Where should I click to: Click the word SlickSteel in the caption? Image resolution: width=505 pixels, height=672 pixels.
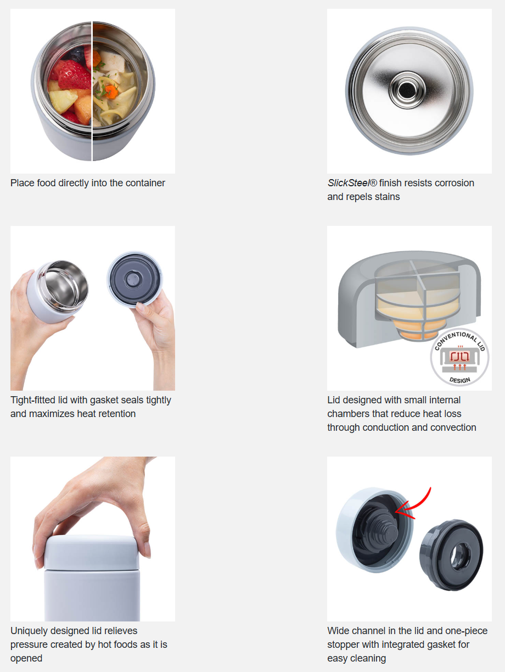(x=348, y=183)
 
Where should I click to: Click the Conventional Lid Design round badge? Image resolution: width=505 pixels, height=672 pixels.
(x=459, y=358)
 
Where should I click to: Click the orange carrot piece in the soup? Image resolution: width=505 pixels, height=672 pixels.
(x=111, y=92)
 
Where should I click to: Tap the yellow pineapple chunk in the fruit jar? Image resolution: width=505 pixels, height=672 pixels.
(x=63, y=101)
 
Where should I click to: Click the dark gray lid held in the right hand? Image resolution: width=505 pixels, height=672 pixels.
(x=135, y=279)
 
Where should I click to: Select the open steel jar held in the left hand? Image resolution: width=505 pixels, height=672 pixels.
(x=58, y=291)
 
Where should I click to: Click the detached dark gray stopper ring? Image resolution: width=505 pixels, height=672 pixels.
(x=451, y=555)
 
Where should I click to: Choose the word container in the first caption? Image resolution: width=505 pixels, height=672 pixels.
(x=145, y=183)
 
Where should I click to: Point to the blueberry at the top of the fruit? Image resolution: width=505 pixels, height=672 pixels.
(x=76, y=54)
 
